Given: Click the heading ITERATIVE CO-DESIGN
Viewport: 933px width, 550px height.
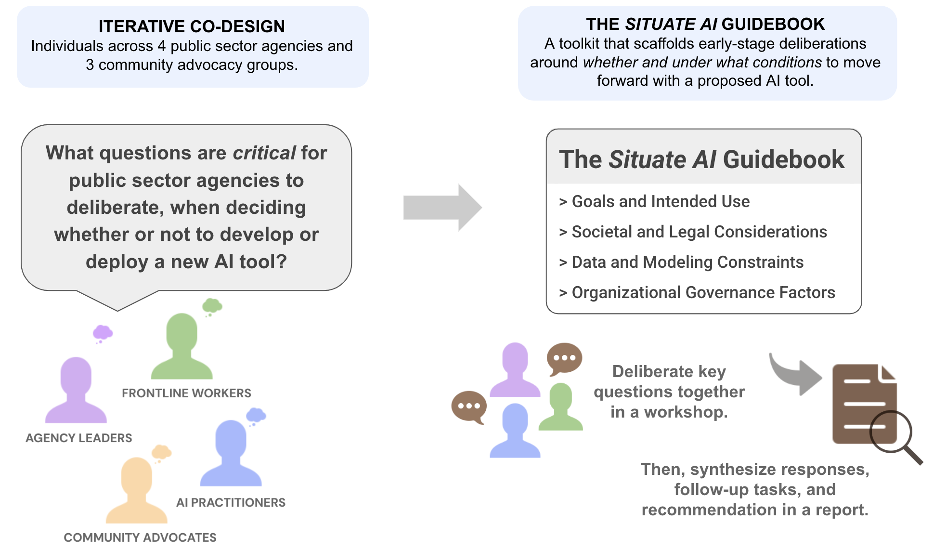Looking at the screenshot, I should point(192,26).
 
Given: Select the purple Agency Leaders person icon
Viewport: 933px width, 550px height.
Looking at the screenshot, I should point(76,390).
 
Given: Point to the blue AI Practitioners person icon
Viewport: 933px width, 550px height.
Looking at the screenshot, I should point(231,453).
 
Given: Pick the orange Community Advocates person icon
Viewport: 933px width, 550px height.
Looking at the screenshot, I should point(137,490).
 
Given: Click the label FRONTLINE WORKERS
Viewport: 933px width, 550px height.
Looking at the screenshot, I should point(186,393).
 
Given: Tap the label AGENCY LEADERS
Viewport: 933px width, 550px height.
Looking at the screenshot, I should point(78,438).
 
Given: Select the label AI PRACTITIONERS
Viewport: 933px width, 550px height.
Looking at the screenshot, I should point(231,502).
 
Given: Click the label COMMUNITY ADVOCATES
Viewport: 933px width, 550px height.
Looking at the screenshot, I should point(140,537).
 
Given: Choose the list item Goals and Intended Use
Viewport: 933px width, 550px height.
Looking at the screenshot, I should point(660,201).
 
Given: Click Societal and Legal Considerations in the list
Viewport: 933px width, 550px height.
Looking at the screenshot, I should point(699,232).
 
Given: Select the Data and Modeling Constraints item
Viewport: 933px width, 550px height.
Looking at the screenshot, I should point(687,262).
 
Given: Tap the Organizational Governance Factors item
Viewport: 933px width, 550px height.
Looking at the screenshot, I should point(703,292).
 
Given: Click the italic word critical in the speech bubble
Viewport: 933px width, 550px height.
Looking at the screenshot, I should point(264,153).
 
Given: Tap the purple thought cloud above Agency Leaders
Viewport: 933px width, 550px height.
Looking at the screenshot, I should point(103,332).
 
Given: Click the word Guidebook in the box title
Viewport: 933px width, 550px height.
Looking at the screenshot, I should point(783,159).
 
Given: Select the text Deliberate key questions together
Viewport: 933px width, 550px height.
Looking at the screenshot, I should point(669,381).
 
